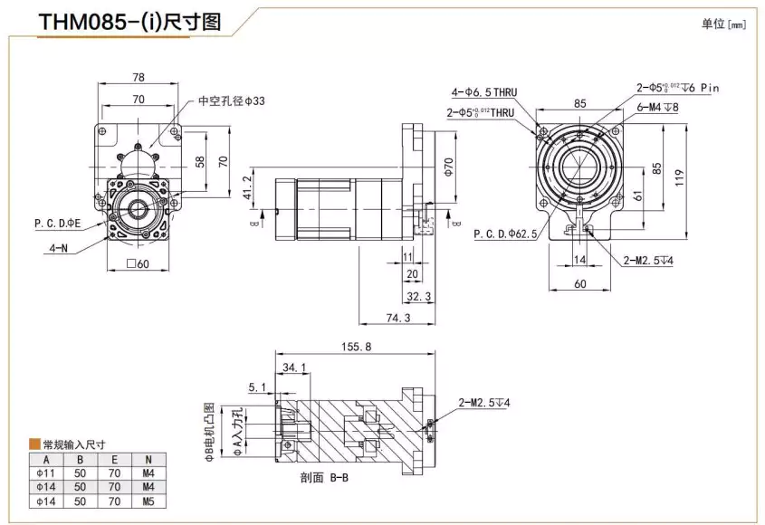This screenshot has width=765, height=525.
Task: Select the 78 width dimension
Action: [139, 78]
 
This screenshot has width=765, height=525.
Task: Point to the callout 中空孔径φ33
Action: [232, 101]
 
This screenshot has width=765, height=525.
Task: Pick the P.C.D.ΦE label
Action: [58, 223]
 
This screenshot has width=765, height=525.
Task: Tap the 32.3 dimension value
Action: [417, 296]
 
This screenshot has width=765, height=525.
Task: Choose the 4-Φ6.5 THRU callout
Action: [483, 92]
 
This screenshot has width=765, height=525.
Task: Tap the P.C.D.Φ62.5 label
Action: [505, 234]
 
